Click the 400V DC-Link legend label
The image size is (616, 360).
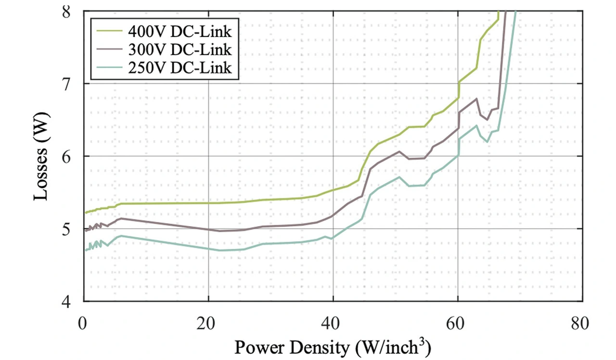pyautogui.click(x=180, y=32)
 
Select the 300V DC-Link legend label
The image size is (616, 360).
pyautogui.click(x=180, y=50)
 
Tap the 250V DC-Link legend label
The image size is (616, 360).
pyautogui.click(x=180, y=68)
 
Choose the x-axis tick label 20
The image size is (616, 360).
pyautogui.click(x=208, y=322)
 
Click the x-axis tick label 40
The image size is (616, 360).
pyautogui.click(x=333, y=322)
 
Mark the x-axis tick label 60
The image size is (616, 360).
pyautogui.click(x=458, y=322)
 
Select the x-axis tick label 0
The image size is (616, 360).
pyautogui.click(x=84, y=322)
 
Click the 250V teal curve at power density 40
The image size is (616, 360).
pyautogui.click(x=333, y=238)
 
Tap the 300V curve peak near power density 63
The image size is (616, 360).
pyautogui.click(x=476, y=99)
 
